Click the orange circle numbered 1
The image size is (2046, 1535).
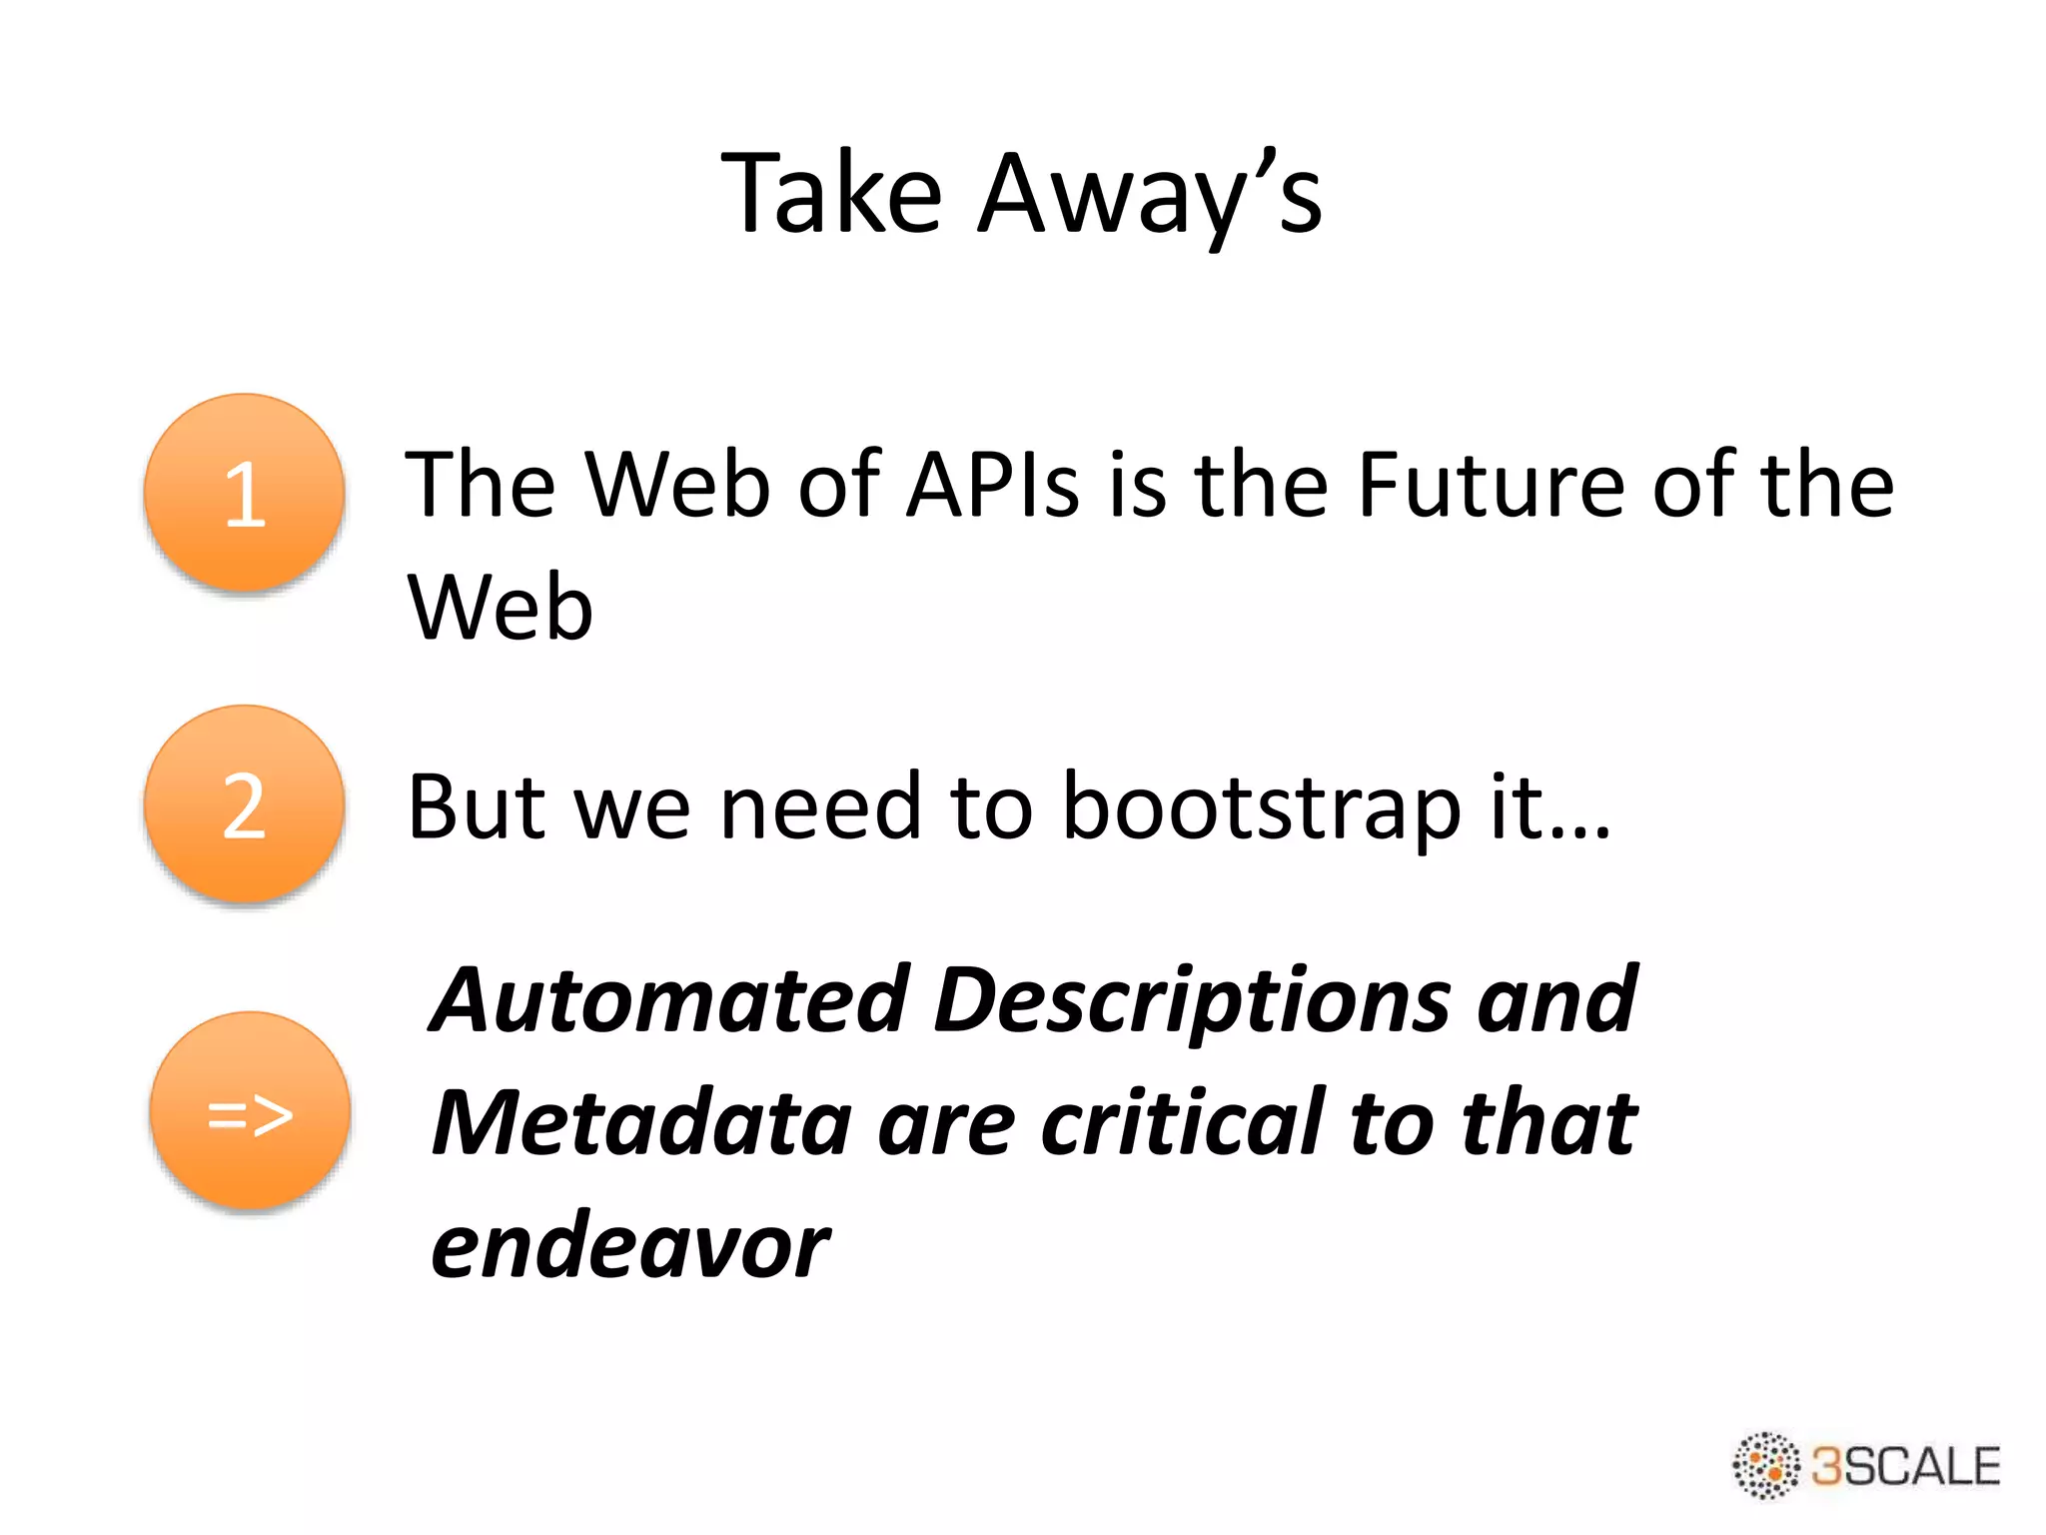click(245, 493)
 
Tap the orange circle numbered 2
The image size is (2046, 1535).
click(245, 804)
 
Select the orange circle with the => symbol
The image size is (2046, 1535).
click(250, 1112)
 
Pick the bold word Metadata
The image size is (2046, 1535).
click(641, 1123)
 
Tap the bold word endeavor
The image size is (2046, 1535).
click(629, 1247)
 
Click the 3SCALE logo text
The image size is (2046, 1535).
click(1906, 1466)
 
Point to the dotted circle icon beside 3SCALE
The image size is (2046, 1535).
click(1766, 1466)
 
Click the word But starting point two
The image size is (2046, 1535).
click(478, 807)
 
